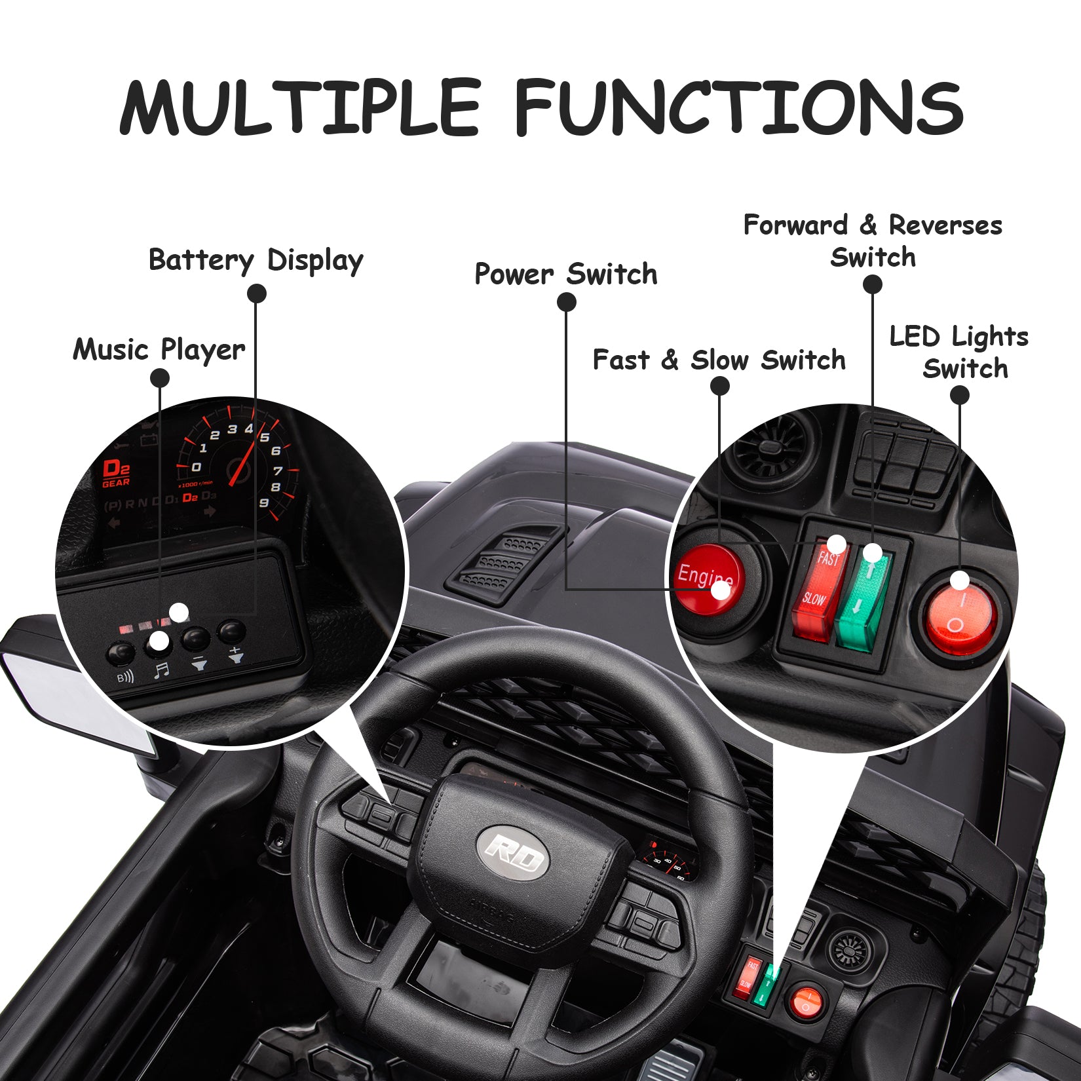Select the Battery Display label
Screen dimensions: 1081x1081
point(256,260)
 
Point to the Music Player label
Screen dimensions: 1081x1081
point(159,349)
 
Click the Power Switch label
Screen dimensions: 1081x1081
point(565,274)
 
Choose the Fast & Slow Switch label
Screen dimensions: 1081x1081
point(719,360)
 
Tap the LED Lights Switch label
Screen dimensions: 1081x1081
point(959,352)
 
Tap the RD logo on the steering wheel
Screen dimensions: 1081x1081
point(513,852)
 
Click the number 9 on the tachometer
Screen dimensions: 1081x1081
point(263,503)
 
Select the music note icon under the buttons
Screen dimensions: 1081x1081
point(161,670)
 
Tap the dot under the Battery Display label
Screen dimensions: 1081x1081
point(257,294)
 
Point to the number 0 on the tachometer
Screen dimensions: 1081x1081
point(196,467)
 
